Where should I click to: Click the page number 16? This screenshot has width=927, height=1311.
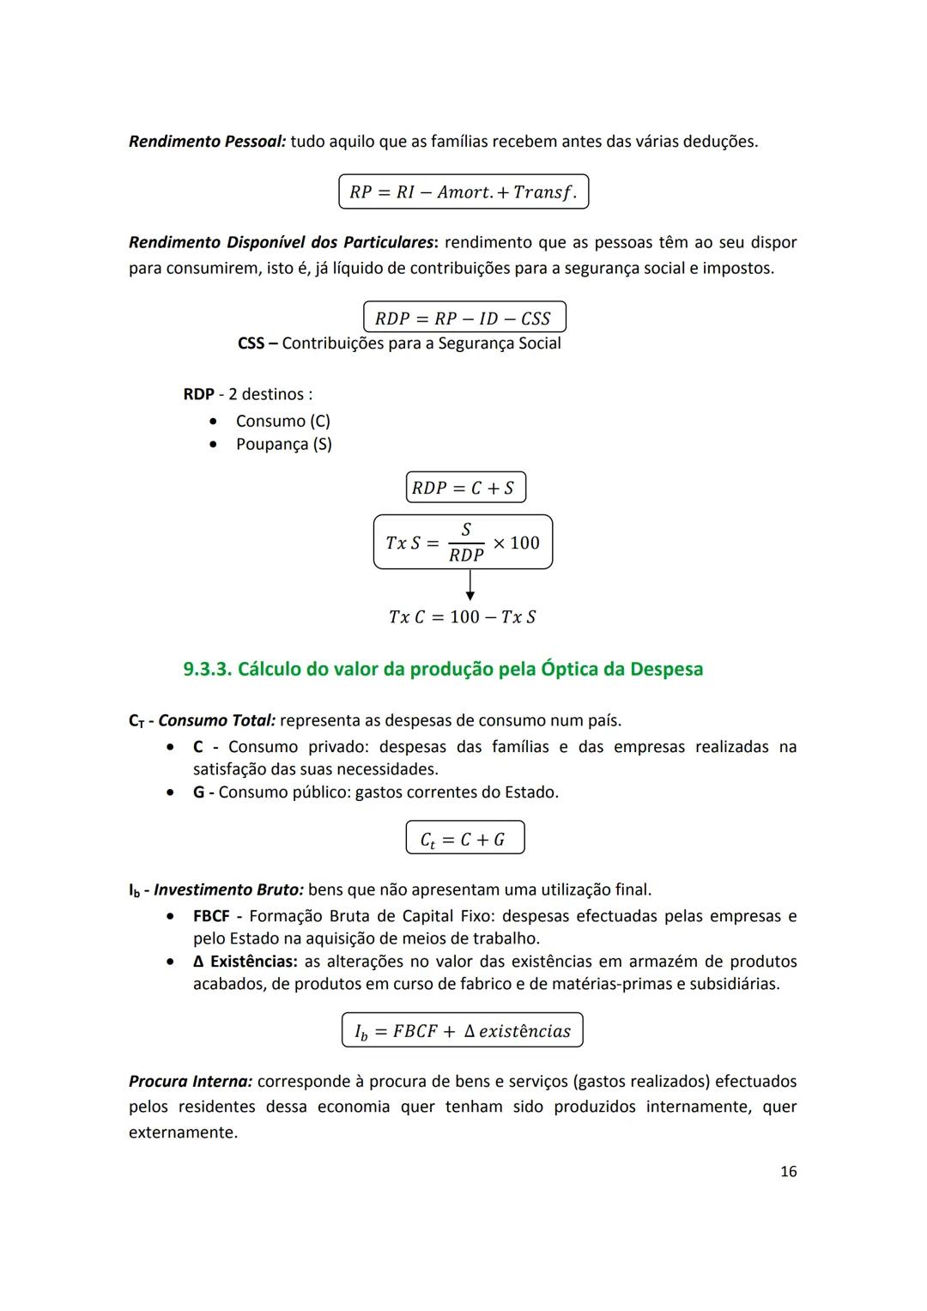point(788,1171)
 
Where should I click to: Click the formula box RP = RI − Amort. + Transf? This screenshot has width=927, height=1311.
point(463,191)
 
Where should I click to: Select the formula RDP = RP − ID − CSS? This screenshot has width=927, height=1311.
point(463,318)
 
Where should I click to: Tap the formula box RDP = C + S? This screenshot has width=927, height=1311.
point(464,488)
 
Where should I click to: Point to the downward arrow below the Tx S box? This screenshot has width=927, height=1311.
point(470,586)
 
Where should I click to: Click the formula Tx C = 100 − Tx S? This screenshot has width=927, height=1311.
point(462,617)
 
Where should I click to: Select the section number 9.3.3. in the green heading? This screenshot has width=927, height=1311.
point(207,669)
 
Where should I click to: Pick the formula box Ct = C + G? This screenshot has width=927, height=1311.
point(464,838)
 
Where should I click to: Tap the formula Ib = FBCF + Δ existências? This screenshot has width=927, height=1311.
point(462,1030)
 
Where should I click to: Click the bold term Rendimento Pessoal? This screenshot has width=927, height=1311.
point(207,141)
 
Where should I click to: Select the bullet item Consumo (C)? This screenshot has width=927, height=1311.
point(282,421)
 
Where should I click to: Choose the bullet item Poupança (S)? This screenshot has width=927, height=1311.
point(283,444)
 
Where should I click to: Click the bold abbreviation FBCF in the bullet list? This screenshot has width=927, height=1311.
point(211,916)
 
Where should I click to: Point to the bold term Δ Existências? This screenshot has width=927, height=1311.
point(245,961)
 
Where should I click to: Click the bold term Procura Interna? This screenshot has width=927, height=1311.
point(191,1081)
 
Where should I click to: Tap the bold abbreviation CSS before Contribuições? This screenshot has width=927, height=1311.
point(251,343)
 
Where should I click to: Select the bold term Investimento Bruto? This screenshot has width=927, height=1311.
point(228,889)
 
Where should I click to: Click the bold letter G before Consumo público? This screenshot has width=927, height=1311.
point(198,792)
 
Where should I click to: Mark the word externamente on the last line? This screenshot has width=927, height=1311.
point(183,1132)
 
